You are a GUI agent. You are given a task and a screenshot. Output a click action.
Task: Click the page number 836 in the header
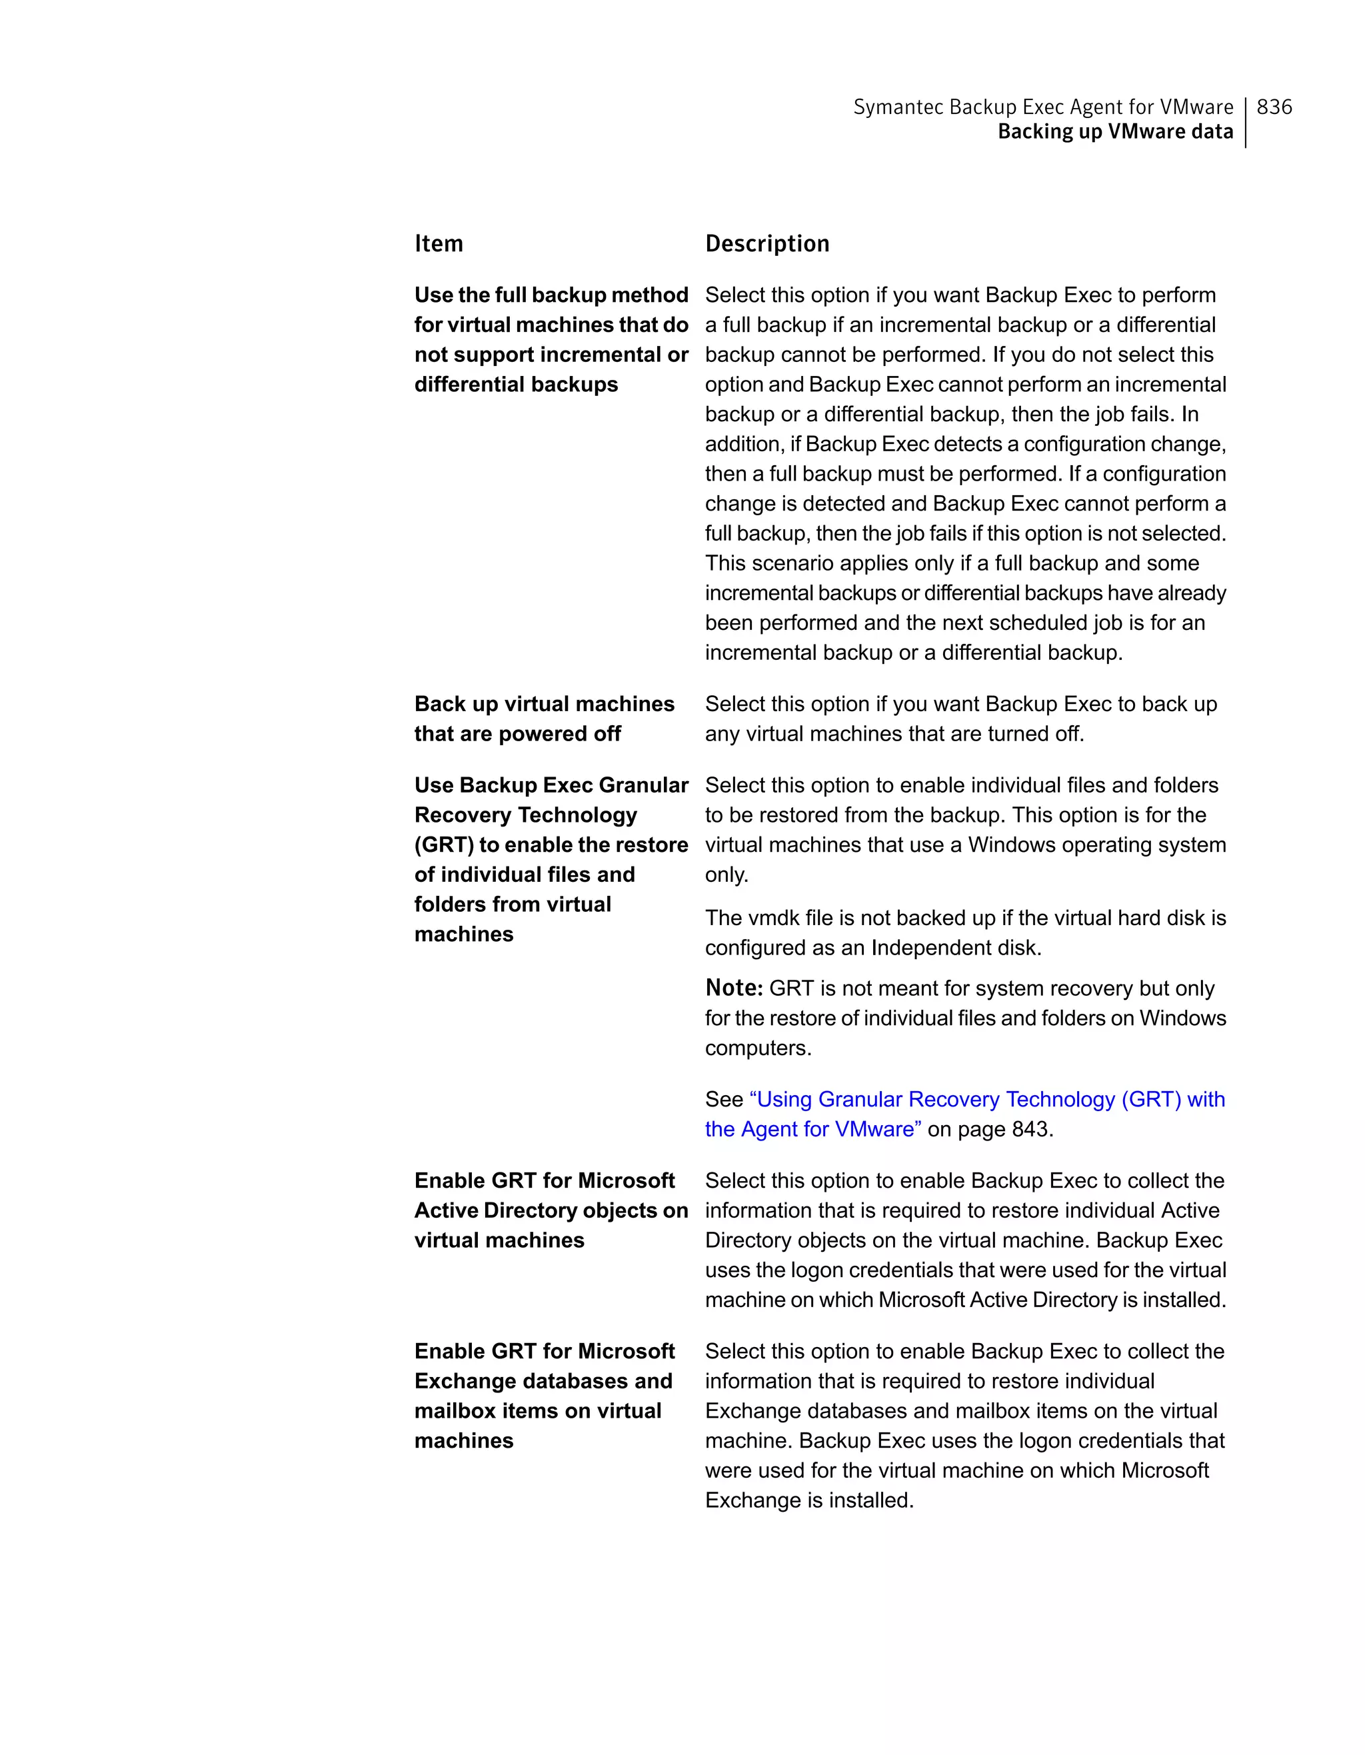1274,107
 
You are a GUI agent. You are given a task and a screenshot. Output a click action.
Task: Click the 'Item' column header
439,243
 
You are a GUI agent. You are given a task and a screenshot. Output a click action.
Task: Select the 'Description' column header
767,243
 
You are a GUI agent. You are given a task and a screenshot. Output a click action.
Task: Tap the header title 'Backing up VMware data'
1115,132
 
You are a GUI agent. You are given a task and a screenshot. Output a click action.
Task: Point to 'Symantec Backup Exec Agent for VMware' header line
1043,107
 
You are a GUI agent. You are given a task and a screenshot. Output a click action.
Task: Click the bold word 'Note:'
734,988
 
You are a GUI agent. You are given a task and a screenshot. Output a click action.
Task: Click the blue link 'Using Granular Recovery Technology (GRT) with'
987,1099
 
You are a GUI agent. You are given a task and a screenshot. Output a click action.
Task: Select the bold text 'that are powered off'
517,734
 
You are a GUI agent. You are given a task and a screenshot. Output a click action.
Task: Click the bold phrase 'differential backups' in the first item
516,384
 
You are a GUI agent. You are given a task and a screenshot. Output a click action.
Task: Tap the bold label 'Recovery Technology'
525,815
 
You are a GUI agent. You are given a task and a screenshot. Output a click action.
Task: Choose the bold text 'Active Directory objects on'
551,1210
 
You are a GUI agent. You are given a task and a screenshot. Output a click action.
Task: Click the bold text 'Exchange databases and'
543,1380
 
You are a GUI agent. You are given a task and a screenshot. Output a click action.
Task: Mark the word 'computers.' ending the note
758,1048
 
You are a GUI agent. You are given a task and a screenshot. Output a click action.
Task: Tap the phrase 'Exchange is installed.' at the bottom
809,1500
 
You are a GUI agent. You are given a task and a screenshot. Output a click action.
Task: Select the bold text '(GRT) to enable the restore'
551,845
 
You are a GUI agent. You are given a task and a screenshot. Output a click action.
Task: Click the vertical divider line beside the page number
1245,122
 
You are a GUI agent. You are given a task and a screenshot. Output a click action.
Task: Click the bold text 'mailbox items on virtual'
537,1410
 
